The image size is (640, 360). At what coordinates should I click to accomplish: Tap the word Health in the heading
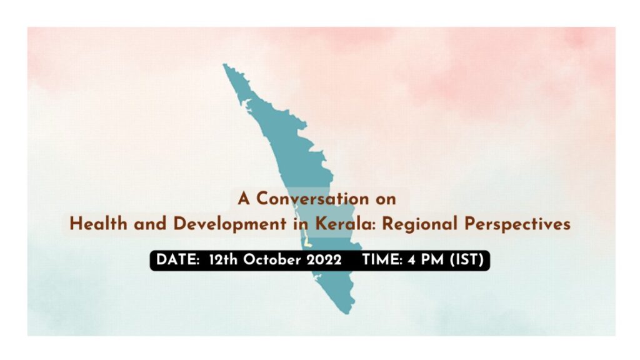(98, 224)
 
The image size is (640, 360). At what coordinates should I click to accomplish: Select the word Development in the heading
(230, 225)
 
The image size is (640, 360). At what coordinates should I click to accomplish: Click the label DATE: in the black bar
(177, 260)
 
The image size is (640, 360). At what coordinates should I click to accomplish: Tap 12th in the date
(223, 260)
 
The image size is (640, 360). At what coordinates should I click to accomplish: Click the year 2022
(324, 260)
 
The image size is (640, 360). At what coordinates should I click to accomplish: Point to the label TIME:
(382, 260)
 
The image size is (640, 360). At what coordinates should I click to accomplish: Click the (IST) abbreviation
(466, 260)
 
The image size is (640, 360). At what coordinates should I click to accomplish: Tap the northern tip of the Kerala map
(224, 64)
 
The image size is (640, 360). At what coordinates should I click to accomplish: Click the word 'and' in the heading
(150, 224)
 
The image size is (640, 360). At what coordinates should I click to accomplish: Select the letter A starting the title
(244, 199)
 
